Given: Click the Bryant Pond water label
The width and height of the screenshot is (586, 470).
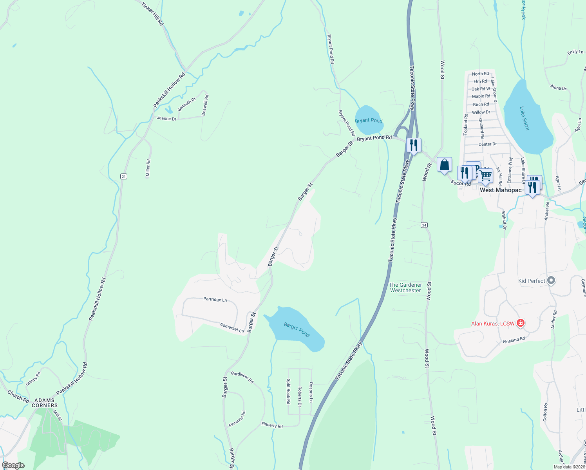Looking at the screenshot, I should [x=369, y=121].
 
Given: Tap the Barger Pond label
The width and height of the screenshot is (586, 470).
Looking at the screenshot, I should [x=297, y=329].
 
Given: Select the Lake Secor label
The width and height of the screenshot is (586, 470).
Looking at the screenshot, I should [x=525, y=118].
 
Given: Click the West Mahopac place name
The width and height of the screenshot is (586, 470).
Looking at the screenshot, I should [x=501, y=190].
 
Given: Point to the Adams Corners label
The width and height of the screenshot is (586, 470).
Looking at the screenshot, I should [x=45, y=403].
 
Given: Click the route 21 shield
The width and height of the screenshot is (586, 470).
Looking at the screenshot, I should [x=124, y=177].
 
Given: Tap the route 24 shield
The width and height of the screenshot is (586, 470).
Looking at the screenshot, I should [x=424, y=225].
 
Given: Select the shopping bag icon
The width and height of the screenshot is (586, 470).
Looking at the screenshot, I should [x=444, y=165].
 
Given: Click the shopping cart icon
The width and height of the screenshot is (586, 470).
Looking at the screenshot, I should [x=486, y=176].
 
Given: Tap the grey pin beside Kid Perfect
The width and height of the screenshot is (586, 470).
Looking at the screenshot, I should [x=551, y=280].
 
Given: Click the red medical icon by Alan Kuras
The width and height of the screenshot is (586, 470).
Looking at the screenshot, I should [x=521, y=323].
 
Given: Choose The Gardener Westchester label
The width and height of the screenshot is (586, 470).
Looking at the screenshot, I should [x=405, y=287].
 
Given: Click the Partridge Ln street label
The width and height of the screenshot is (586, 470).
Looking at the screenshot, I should [x=215, y=299].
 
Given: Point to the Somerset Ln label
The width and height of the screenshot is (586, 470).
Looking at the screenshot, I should [x=232, y=327].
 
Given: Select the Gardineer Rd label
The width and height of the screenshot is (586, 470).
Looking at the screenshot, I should [x=242, y=377].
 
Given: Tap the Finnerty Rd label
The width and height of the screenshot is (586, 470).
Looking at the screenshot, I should [x=272, y=425].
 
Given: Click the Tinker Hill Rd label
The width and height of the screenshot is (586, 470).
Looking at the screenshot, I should [x=152, y=14].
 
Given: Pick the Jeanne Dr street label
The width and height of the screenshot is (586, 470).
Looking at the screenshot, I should [x=166, y=118].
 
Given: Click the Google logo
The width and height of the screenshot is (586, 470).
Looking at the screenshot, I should [x=13, y=465].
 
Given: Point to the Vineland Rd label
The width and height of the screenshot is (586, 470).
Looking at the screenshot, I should [x=514, y=340].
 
